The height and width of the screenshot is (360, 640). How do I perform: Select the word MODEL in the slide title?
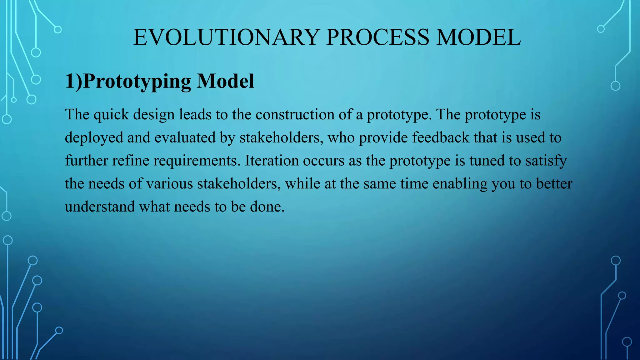pos(478,37)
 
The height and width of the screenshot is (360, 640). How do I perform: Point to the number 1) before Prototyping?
pos(73,81)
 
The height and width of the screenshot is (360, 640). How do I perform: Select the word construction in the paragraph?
pos(295,115)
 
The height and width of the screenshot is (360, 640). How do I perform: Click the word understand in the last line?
pos(100,207)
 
